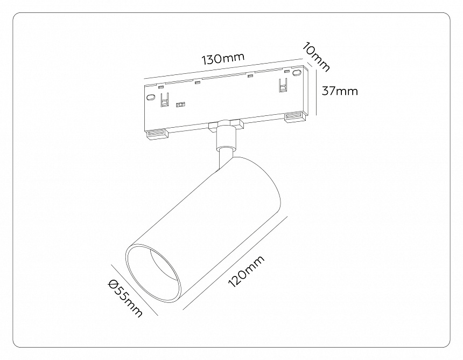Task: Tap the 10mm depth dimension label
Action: [315, 58]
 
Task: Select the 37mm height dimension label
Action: [340, 91]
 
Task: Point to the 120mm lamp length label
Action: [246, 272]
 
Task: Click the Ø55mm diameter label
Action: [125, 298]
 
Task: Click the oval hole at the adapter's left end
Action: [151, 97]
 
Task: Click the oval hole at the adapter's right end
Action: [297, 73]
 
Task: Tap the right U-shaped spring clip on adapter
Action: [283, 85]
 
